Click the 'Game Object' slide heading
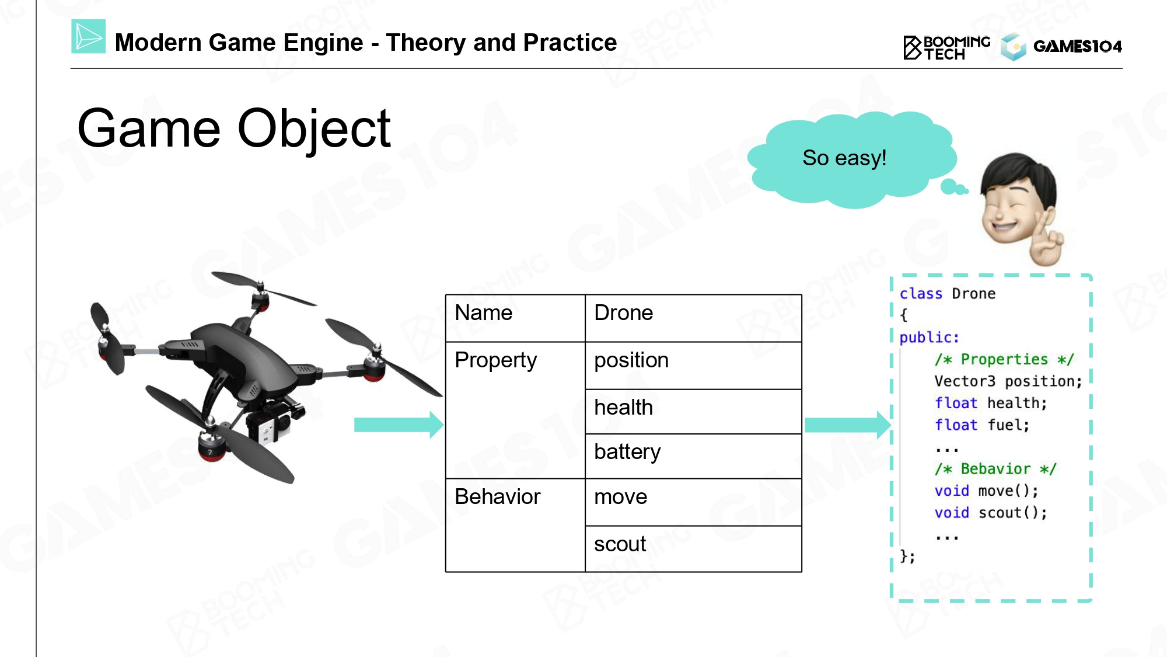coord(233,130)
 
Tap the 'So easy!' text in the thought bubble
coord(844,158)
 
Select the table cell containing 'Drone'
coord(693,318)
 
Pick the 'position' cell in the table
coord(693,366)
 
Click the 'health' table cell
coord(693,412)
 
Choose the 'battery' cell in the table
coord(693,456)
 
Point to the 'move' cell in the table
coord(693,502)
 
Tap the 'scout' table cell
coord(693,549)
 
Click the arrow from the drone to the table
coord(399,425)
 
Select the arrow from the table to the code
coord(848,425)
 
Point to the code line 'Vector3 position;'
coord(1008,381)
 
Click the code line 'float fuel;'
coord(981,425)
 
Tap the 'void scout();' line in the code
coord(990,513)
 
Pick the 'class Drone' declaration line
coord(947,294)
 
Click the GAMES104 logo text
coord(1077,46)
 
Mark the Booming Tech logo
coord(946,47)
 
